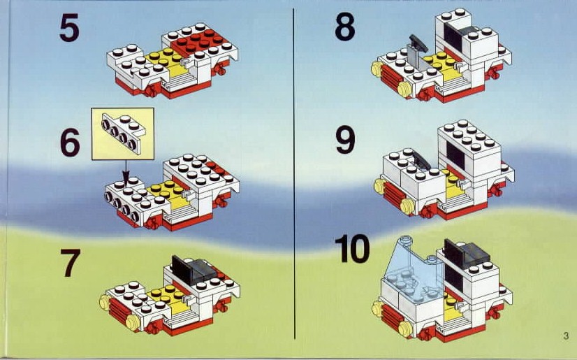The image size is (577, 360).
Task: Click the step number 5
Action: point(70,27)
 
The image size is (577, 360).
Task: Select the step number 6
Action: point(70,142)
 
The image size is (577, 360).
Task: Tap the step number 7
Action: point(71,263)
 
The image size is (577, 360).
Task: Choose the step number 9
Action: point(345,140)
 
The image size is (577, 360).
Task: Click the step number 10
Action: point(352,249)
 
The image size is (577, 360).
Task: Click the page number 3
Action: point(566,336)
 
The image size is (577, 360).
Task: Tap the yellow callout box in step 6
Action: point(122,134)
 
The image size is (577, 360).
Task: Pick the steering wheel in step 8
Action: point(418,43)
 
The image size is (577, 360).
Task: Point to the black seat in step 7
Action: point(193,271)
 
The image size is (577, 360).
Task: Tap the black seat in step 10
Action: point(467,253)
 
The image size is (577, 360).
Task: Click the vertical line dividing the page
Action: point(294,173)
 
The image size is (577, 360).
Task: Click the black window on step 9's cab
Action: point(455,155)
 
